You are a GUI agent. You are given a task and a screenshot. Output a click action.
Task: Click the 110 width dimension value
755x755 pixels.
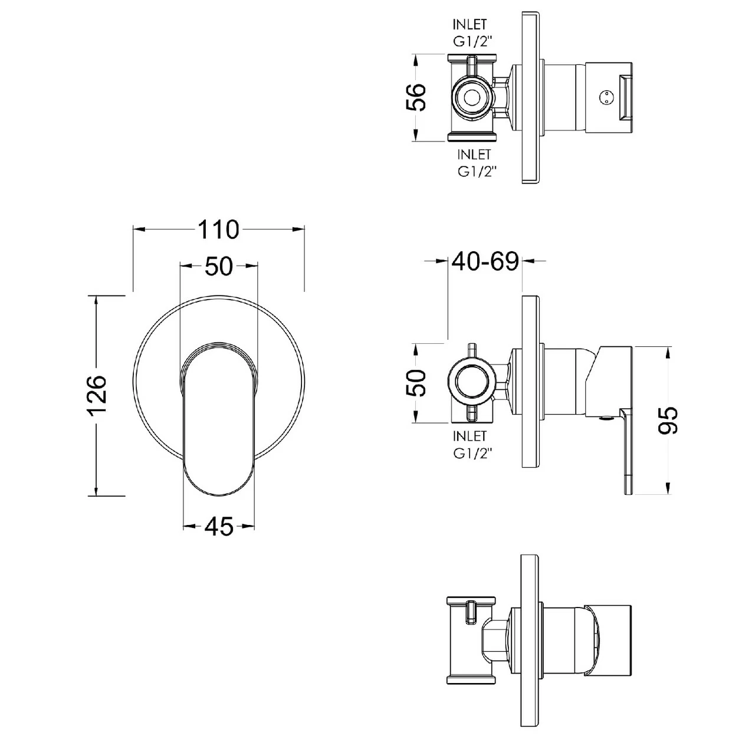click(218, 229)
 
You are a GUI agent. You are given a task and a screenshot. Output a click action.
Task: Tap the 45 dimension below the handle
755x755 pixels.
click(219, 527)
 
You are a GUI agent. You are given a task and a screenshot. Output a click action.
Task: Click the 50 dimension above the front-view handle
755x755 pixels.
click(219, 267)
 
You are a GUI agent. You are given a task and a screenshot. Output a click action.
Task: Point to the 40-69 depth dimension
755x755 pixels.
click(485, 261)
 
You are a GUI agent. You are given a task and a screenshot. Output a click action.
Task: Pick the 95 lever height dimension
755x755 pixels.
click(668, 421)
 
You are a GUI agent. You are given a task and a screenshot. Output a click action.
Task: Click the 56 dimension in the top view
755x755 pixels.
click(416, 97)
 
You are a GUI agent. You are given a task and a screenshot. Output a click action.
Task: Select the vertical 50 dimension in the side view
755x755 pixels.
click(416, 383)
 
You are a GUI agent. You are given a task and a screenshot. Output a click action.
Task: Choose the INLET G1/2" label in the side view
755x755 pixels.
click(470, 444)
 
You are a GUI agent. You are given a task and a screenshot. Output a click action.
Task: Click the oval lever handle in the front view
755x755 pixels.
click(219, 419)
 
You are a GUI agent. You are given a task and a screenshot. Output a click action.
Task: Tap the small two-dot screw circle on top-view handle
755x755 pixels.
click(604, 97)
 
